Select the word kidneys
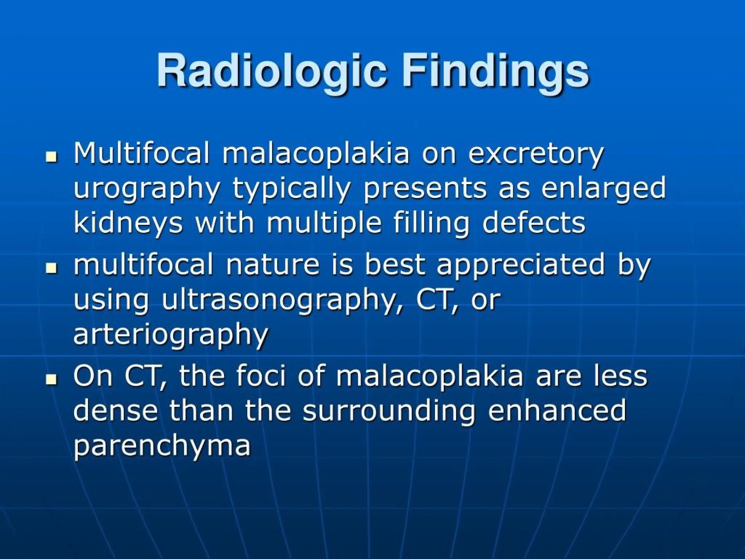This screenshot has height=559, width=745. point(128,223)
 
